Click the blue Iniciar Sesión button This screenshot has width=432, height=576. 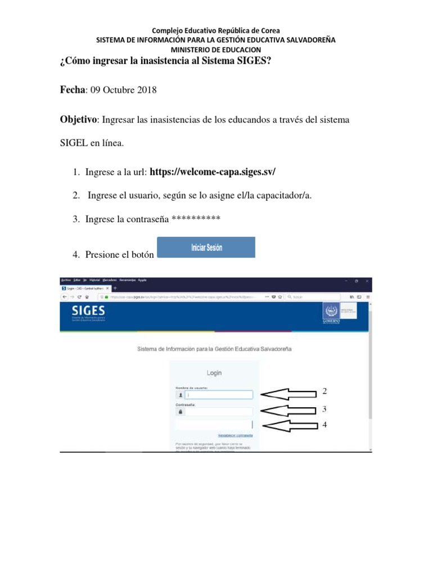point(205,247)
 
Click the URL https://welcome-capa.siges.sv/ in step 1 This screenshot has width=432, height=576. point(213,172)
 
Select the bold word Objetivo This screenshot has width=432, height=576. point(78,120)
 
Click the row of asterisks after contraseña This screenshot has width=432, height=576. point(195,219)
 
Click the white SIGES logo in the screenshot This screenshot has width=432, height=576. point(88,311)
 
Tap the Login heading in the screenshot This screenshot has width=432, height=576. point(214,373)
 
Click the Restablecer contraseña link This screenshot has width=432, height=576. point(235,435)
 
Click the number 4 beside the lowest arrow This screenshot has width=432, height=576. point(324,425)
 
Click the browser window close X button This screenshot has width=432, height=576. point(367,280)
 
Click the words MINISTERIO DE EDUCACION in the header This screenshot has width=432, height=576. point(215,49)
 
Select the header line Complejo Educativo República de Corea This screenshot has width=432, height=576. point(215,30)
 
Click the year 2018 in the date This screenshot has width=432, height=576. point(146,90)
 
